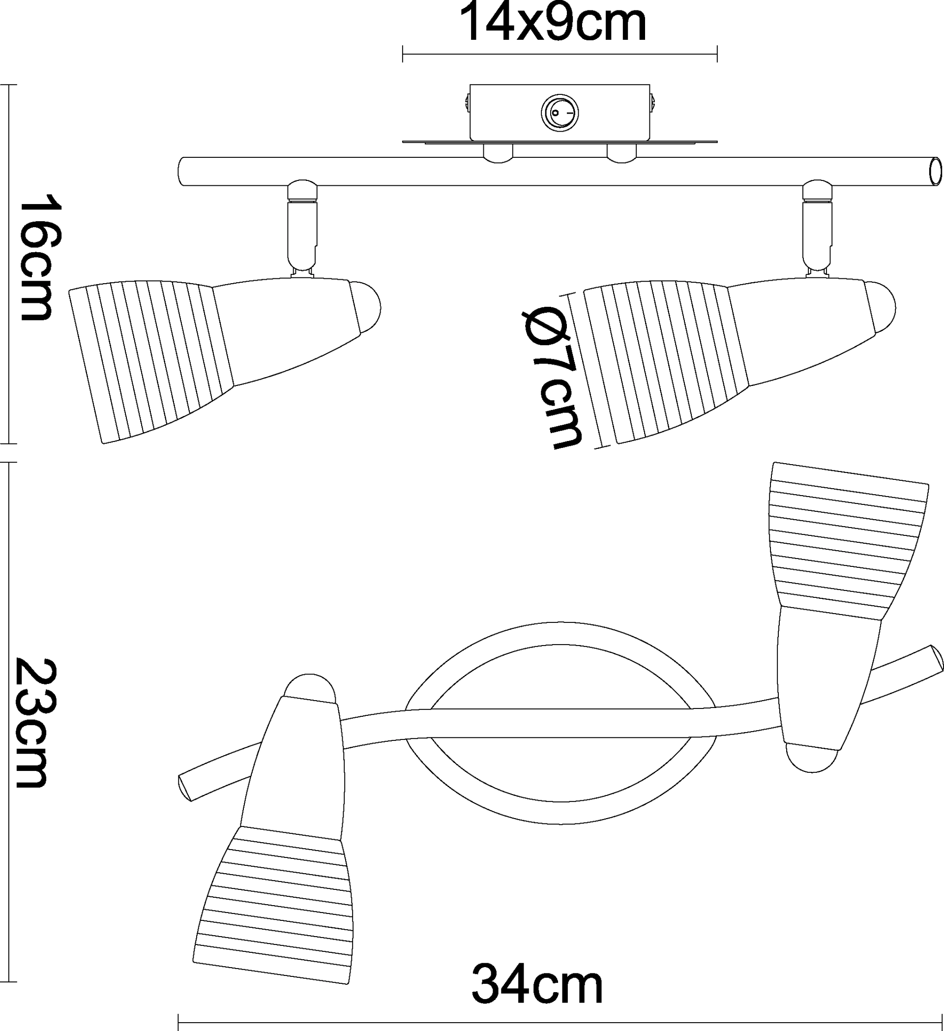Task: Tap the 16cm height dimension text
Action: tap(40, 257)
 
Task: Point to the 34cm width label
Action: tap(537, 984)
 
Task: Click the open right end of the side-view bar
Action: tap(935, 172)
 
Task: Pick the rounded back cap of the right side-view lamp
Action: tap(881, 308)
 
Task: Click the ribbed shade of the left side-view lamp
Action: tap(151, 361)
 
